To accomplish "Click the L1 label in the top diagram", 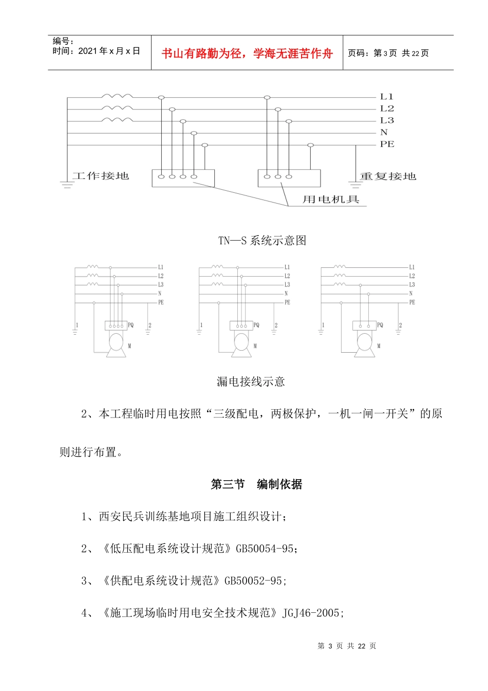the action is (386, 97).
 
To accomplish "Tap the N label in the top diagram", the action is (384, 133).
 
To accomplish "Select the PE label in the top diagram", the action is (387, 144).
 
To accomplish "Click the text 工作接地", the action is (101, 176).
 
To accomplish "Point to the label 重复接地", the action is (388, 176).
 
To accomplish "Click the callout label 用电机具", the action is (330, 199).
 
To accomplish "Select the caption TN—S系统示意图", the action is (262, 241).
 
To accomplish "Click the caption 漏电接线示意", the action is (251, 381).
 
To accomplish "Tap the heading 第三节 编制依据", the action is (256, 484).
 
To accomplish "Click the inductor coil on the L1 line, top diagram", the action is (117, 96).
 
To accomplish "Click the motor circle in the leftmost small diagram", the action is (117, 341).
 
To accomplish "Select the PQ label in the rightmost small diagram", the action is (380, 325).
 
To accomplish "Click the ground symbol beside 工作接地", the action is (67, 184).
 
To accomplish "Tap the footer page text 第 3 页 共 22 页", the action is (347, 646).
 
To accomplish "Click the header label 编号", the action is (63, 41).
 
